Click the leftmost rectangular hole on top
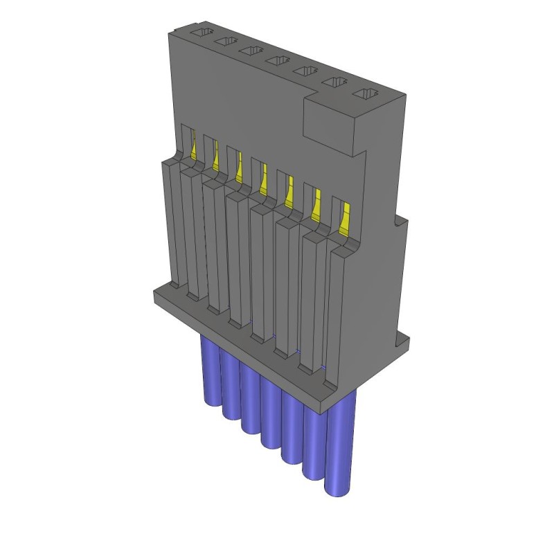tap(201, 33)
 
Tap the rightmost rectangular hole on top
tap(365, 94)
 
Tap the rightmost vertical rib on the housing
tap(337, 312)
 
